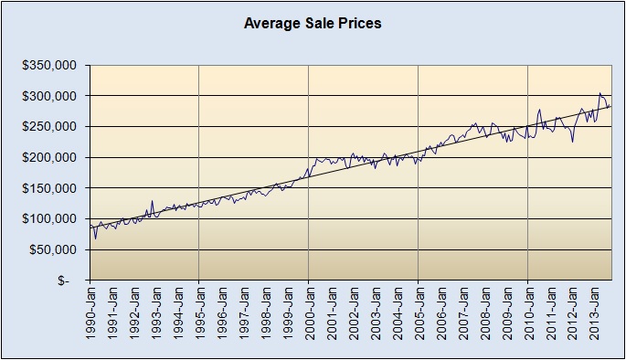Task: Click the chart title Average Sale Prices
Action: coord(313,23)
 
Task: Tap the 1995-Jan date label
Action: coord(199,316)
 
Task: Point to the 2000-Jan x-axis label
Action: coord(309,316)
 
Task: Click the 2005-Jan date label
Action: coord(418,316)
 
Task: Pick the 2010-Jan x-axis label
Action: coord(527,316)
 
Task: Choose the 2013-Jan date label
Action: coord(593,316)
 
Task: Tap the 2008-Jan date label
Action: coord(483,316)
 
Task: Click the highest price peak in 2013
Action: coord(599,93)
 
